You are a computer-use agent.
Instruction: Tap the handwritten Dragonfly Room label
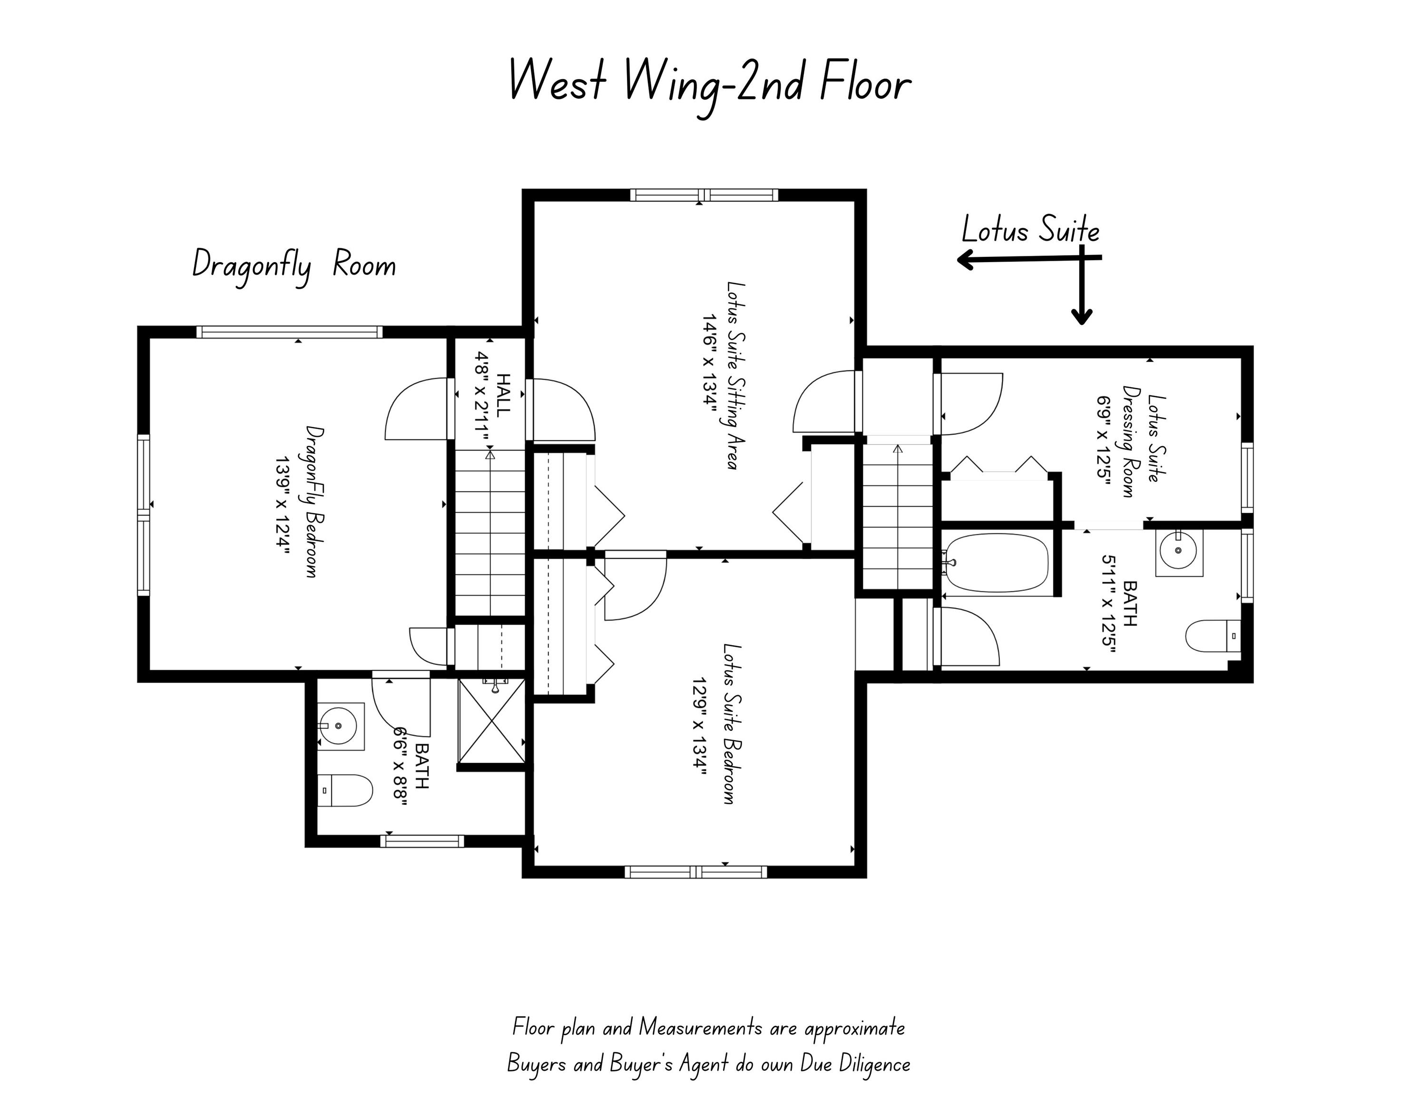tap(293, 266)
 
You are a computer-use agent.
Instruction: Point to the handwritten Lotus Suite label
tap(1030, 231)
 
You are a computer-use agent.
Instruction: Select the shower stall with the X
tap(491, 720)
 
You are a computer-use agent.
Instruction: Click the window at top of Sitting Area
tap(704, 194)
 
